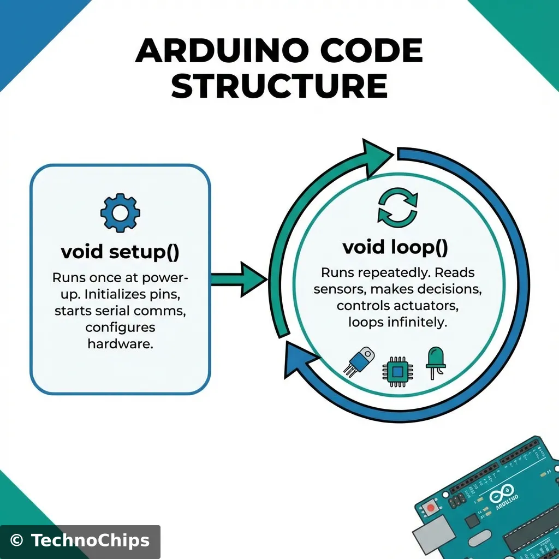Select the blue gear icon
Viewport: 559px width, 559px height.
point(120,212)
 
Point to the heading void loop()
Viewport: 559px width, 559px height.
point(395,247)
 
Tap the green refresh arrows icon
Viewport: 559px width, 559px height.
point(397,207)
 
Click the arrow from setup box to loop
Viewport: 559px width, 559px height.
point(240,279)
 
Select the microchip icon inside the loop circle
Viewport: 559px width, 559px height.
point(398,371)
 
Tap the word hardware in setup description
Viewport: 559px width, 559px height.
point(120,344)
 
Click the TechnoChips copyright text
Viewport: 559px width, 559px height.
point(80,540)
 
